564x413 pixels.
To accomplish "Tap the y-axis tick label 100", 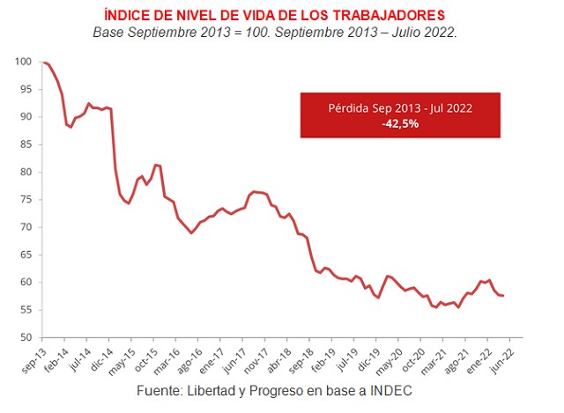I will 25,62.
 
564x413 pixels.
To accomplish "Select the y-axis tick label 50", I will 26,338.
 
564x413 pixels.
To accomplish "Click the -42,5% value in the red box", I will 400,124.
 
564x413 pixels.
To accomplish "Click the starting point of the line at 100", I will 42,62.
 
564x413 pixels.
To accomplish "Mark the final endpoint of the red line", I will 503,296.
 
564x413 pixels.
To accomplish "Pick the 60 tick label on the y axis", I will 26,283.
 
